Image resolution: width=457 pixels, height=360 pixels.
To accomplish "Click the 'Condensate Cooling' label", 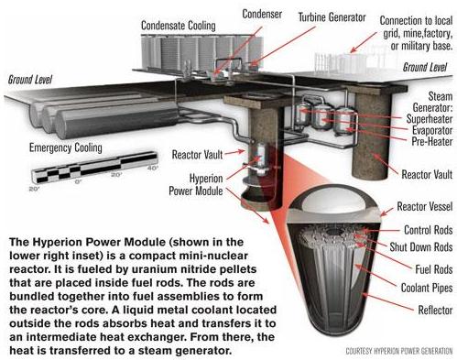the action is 179,26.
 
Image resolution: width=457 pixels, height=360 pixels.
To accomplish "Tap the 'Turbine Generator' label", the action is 332,17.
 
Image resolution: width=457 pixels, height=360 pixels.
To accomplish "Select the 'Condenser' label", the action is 262,14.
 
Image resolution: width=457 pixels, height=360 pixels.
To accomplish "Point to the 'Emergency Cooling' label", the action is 66,147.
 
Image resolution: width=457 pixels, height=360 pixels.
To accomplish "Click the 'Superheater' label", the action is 430,119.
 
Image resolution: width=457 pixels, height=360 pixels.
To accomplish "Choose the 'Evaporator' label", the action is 432,130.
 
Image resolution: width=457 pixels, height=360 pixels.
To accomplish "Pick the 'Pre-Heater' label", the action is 432,141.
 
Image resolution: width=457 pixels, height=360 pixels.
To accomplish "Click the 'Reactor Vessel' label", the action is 425,206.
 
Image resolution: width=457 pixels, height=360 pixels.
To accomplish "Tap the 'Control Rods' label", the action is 429,230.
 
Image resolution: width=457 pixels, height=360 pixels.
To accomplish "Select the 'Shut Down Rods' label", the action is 421,246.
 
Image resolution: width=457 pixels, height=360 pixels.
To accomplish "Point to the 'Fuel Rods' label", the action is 434,269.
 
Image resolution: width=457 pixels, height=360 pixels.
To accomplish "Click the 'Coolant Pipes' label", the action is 427,288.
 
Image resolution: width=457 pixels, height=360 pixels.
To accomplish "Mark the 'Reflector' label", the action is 435,311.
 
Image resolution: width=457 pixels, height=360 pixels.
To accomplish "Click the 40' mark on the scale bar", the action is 153,168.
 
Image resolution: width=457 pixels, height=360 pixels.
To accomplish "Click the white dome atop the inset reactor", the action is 334,199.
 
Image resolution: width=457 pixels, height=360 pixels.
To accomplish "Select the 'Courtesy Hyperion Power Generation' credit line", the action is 399,351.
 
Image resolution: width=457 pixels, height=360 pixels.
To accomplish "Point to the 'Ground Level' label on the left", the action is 30,80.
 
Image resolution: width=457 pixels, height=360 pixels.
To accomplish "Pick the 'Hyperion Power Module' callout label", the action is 196,184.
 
